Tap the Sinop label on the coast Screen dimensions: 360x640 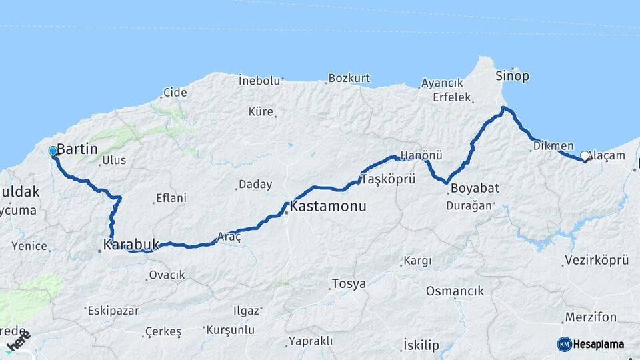pyautogui.click(x=512, y=76)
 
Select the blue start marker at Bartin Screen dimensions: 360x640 pyautogui.click(x=53, y=151)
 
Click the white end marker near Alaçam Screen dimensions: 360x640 pyautogui.click(x=585, y=156)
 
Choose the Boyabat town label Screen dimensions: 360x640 pyautogui.click(x=474, y=189)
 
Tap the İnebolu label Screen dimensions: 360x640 pyautogui.click(x=259, y=81)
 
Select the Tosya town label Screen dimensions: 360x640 pyautogui.click(x=349, y=284)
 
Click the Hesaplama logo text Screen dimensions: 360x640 pyautogui.click(x=599, y=344)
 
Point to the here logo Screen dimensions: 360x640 pyautogui.click(x=18, y=342)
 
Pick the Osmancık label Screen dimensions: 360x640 pyautogui.click(x=455, y=291)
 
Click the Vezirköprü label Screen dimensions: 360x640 pyautogui.click(x=596, y=261)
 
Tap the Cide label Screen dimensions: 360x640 pyautogui.click(x=175, y=93)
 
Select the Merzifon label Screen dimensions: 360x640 pyautogui.click(x=590, y=317)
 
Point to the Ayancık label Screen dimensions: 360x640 pyautogui.click(x=442, y=83)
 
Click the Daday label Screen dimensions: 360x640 pyautogui.click(x=255, y=185)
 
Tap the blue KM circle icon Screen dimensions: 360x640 pyautogui.click(x=564, y=344)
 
